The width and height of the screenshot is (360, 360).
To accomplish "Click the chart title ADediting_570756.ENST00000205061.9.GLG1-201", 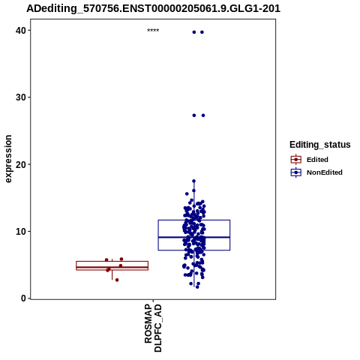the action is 153,8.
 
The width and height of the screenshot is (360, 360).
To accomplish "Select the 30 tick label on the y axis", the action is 20,97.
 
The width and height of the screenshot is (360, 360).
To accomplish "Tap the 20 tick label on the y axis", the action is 20,164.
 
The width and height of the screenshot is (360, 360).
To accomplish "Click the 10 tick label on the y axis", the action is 20,232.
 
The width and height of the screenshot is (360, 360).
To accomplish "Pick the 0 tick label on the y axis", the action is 23,298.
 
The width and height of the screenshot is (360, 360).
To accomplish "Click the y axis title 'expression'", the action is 8,159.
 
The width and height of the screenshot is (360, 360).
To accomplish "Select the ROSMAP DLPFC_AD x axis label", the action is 153,328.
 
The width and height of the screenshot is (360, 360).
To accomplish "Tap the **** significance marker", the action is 153,31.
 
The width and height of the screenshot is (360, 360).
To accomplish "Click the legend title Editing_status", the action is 320,145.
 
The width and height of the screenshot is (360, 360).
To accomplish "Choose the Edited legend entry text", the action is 317,160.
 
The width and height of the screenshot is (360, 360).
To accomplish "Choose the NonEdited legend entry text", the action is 325,172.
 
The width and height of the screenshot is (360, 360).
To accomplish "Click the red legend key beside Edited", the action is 296,160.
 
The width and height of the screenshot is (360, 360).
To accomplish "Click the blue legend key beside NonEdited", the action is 296,172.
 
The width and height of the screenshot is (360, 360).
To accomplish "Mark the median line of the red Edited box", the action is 112,267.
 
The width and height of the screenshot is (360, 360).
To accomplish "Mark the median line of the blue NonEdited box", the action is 194,237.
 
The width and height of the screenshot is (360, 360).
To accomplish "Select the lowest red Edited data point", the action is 117,280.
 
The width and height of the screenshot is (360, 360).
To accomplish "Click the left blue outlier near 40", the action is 194,32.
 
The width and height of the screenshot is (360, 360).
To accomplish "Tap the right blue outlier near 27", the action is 203,115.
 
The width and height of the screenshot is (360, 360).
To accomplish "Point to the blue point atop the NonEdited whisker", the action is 193,181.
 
